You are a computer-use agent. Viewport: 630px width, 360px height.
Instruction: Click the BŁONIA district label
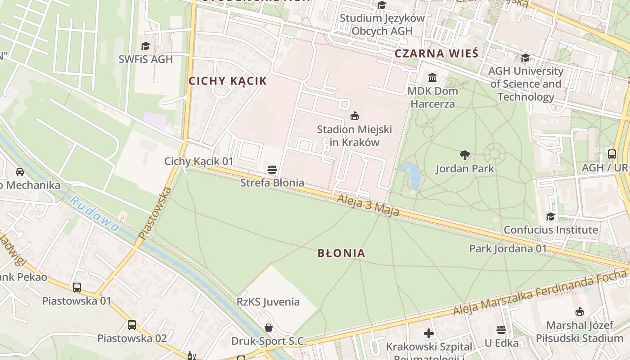click(x=341, y=253)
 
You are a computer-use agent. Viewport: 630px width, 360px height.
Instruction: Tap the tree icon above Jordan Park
click(x=465, y=155)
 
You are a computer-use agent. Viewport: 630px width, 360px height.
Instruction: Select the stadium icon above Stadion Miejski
click(x=355, y=116)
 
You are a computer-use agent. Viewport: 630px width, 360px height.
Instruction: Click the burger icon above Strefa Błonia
click(x=272, y=170)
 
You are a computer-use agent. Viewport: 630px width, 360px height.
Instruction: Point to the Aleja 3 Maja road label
click(x=368, y=205)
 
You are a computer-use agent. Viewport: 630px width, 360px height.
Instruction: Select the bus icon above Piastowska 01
click(x=77, y=287)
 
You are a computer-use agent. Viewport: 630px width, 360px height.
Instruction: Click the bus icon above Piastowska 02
click(x=131, y=324)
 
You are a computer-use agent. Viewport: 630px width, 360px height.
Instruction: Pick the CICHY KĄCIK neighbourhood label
click(x=227, y=81)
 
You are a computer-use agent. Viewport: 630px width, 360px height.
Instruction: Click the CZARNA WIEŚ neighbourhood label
click(x=436, y=54)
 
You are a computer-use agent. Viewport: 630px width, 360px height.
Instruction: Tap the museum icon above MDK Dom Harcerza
click(x=432, y=77)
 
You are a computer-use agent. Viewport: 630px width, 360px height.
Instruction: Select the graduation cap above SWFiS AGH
click(x=145, y=46)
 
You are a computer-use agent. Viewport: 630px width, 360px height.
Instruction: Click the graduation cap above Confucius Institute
click(x=550, y=216)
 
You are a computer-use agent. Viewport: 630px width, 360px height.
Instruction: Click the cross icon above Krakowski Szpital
click(x=429, y=333)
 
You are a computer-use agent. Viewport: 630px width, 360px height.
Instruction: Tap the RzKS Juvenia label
click(x=268, y=301)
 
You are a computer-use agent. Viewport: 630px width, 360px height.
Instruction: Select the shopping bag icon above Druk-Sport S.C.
click(x=269, y=327)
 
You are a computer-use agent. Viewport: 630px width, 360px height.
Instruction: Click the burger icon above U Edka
click(x=501, y=330)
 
